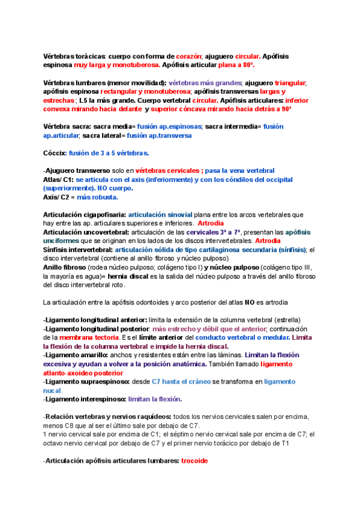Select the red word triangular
pos(290,83)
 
